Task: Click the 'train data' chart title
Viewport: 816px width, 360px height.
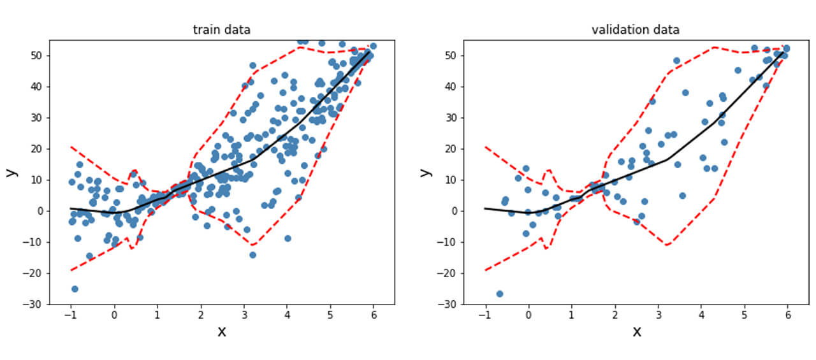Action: [x=222, y=29]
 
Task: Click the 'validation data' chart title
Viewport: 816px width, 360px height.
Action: [x=636, y=29]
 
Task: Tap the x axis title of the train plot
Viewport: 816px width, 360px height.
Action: [x=222, y=331]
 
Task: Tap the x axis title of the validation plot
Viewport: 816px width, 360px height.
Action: [x=636, y=331]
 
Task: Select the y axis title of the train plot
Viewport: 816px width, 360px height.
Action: [x=11, y=172]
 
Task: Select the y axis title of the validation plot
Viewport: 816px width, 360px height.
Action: [x=425, y=172]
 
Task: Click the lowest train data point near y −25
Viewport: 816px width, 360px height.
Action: [x=75, y=289]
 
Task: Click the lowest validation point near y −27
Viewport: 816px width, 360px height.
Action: [x=500, y=294]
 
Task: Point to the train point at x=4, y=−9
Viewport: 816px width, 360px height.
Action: [x=288, y=238]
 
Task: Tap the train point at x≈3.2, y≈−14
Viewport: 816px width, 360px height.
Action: [x=252, y=254]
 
